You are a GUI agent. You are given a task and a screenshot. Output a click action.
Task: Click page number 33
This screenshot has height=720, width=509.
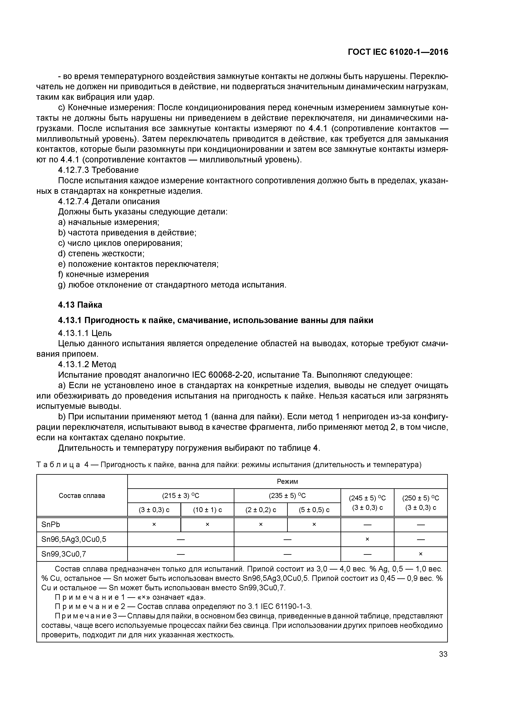[x=443, y=654]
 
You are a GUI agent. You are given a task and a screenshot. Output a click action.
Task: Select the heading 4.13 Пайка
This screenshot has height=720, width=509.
[x=80, y=305]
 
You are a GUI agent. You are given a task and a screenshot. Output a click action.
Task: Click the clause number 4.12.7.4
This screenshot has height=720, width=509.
[x=74, y=201]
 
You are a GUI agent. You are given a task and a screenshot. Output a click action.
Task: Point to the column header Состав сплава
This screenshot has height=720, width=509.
[x=82, y=495]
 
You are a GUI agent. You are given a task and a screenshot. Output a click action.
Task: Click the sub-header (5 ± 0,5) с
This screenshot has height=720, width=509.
[x=314, y=510]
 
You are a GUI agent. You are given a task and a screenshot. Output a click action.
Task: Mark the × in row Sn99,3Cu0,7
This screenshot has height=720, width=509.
[x=421, y=554]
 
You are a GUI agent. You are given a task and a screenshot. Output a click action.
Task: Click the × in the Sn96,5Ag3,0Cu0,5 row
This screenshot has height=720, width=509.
[x=367, y=539]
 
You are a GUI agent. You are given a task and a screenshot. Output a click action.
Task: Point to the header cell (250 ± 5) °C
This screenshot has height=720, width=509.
[x=421, y=498]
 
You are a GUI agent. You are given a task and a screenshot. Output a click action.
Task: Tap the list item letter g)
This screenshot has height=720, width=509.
[x=62, y=285]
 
